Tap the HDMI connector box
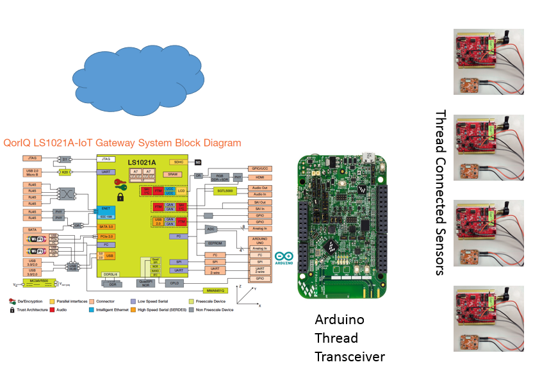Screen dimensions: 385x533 tap(259, 177)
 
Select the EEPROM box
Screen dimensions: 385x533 tap(215, 243)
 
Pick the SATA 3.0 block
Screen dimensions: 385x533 tap(106, 227)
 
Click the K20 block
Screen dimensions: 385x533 tap(65, 172)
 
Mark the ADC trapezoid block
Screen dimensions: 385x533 tap(211, 229)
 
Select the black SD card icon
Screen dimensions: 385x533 tap(198, 162)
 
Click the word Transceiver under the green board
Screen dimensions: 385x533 tap(350, 356)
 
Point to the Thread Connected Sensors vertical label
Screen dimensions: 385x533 tap(440, 192)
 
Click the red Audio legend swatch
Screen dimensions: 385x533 tap(52, 309)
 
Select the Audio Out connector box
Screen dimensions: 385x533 tap(259, 188)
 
